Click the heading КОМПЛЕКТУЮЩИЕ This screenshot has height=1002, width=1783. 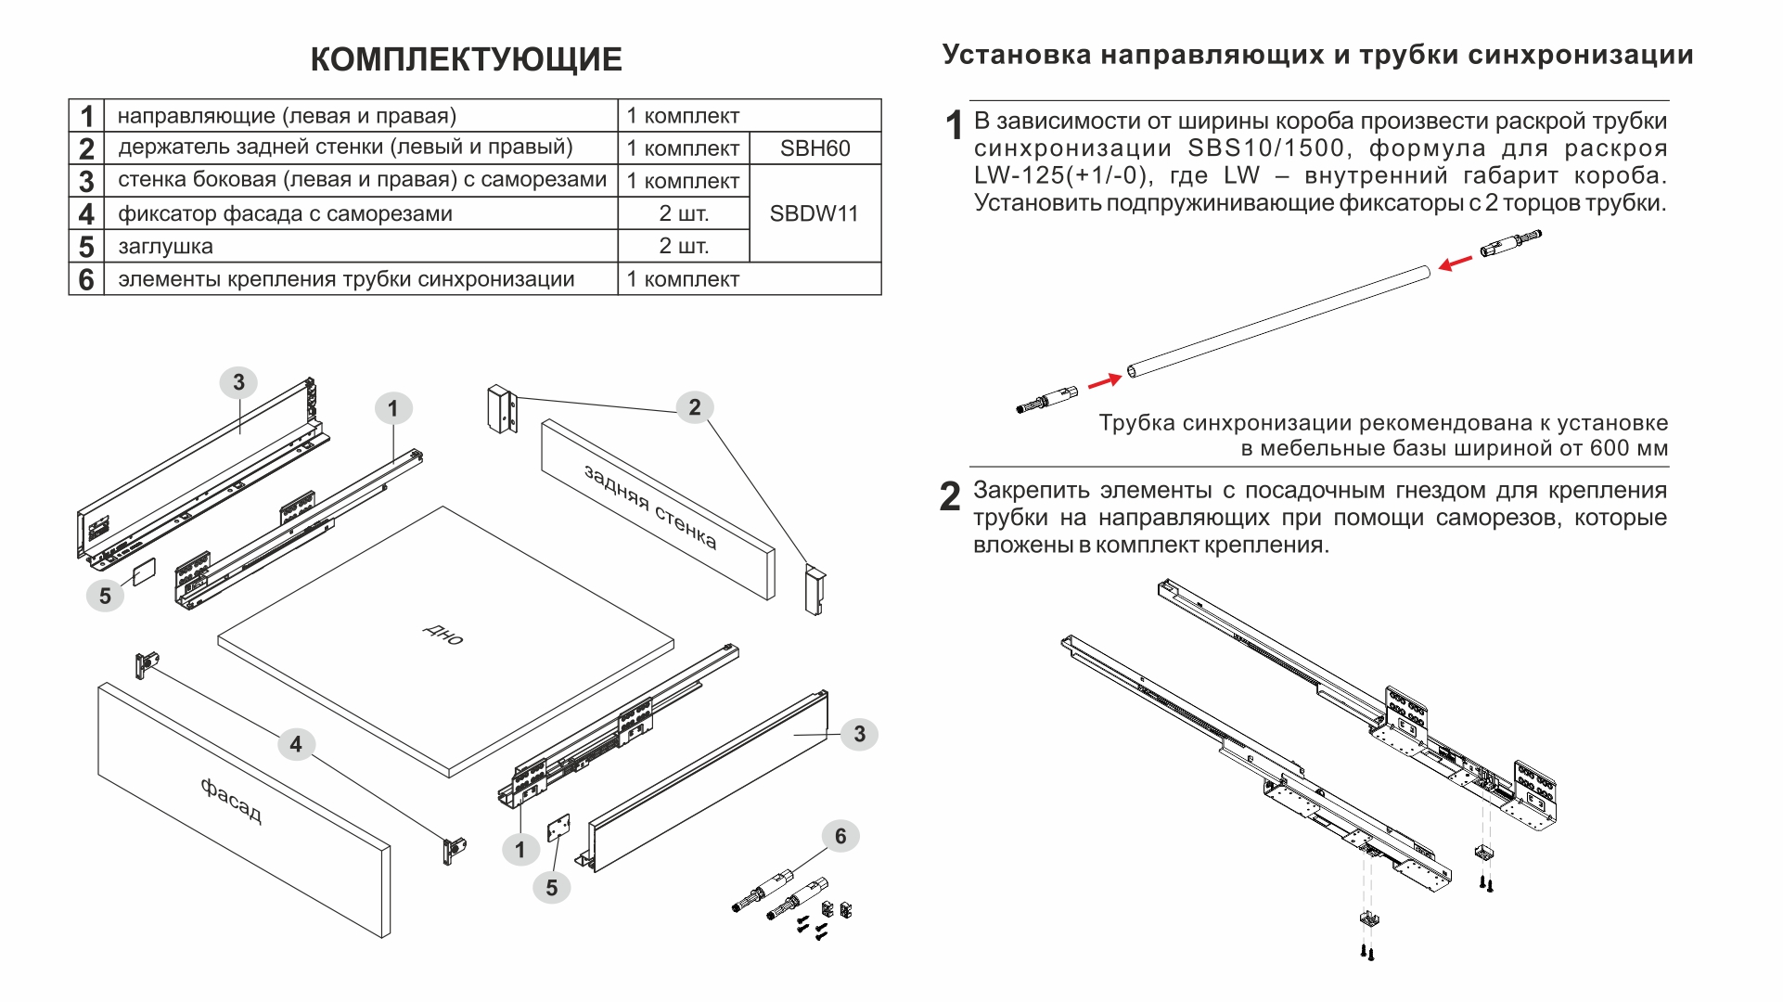pyautogui.click(x=466, y=59)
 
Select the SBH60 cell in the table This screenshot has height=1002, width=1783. pyautogui.click(x=815, y=148)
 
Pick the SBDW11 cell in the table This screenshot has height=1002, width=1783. pyautogui.click(x=814, y=213)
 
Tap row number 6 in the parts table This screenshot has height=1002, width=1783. pyautogui.click(x=86, y=279)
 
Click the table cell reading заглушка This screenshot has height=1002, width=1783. pyautogui.click(x=165, y=247)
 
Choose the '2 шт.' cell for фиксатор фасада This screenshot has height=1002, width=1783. pyautogui.click(x=684, y=213)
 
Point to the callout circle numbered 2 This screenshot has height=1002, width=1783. pyautogui.click(x=695, y=407)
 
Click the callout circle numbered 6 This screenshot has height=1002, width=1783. pyautogui.click(x=840, y=836)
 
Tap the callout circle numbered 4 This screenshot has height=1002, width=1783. pyautogui.click(x=296, y=744)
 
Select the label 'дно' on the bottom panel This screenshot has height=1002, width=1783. pyautogui.click(x=443, y=635)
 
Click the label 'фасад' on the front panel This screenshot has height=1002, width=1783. pyautogui.click(x=231, y=801)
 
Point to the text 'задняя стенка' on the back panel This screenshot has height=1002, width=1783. pyautogui.click(x=650, y=507)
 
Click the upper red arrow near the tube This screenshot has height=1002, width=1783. pyautogui.click(x=1456, y=263)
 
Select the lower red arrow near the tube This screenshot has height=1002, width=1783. pyautogui.click(x=1104, y=380)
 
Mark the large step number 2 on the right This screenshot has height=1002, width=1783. pyautogui.click(x=950, y=497)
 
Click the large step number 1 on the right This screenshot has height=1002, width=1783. pyautogui.click(x=954, y=125)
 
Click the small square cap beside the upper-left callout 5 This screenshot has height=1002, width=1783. pyautogui.click(x=144, y=572)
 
